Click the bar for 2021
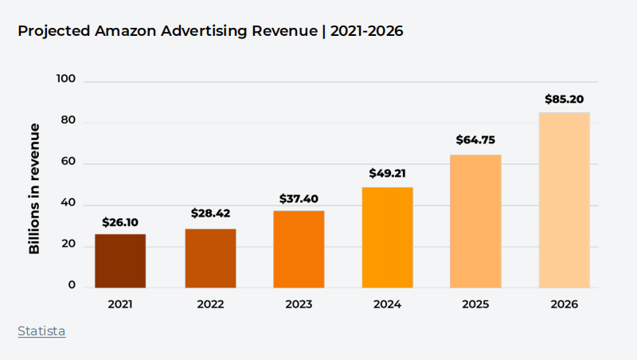point(120,260)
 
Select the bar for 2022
point(210,258)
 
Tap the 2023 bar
point(299,248)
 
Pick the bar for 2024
point(387,237)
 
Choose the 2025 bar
point(475,221)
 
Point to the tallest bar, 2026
point(564,199)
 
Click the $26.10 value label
point(121,222)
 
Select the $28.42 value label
point(210,213)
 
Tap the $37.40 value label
point(299,198)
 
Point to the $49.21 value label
point(388,173)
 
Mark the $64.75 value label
point(475,140)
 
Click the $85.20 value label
point(565,100)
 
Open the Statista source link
point(41,331)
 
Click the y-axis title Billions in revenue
point(34,189)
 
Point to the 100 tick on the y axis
point(66,79)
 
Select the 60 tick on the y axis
point(68,163)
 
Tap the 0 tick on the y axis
point(72,284)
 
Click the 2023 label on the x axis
point(299,304)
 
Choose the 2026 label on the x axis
point(564,304)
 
